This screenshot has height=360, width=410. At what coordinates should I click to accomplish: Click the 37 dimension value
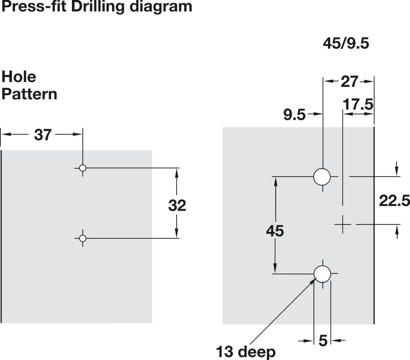click(43, 135)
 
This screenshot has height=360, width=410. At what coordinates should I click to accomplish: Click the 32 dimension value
click(177, 205)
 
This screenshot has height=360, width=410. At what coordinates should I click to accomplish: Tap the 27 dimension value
click(349, 81)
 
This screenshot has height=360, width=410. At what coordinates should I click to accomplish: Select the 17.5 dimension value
click(358, 105)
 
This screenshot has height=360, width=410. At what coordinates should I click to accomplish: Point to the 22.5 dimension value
click(394, 201)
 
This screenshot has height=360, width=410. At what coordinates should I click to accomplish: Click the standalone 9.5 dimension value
click(295, 115)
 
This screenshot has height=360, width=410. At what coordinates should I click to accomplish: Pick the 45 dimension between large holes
click(275, 231)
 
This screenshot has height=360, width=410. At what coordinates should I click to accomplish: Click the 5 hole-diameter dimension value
click(323, 341)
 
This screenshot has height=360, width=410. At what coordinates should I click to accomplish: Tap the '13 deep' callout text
click(246, 352)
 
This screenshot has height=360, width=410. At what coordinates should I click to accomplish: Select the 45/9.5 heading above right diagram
click(346, 43)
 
